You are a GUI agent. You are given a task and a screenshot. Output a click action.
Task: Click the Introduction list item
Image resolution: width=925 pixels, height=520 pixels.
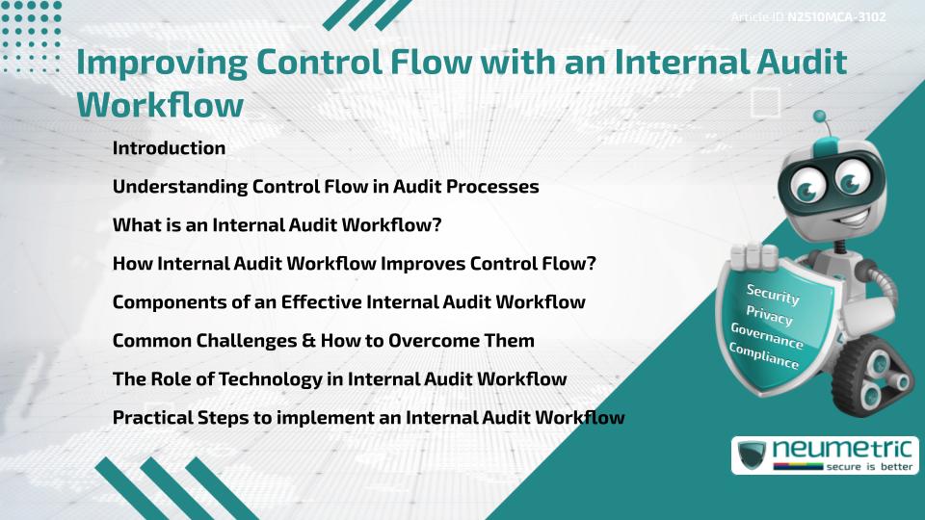tap(169, 148)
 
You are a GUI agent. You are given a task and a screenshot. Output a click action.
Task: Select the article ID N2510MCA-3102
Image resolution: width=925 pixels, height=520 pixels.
tap(836, 17)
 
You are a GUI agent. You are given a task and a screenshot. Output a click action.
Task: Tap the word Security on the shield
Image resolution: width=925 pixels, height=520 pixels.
tap(773, 294)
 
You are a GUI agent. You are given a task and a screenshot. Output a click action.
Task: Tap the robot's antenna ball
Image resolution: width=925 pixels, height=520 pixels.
tap(820, 117)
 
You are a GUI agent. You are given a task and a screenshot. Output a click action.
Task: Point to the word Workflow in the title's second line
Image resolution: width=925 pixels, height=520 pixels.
tap(159, 104)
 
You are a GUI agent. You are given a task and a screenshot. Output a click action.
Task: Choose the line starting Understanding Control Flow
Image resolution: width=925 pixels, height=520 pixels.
tap(325, 187)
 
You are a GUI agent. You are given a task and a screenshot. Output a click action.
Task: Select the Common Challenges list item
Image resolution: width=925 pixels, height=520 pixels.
tap(323, 340)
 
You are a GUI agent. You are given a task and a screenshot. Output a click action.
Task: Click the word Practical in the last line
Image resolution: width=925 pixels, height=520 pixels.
tap(151, 417)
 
